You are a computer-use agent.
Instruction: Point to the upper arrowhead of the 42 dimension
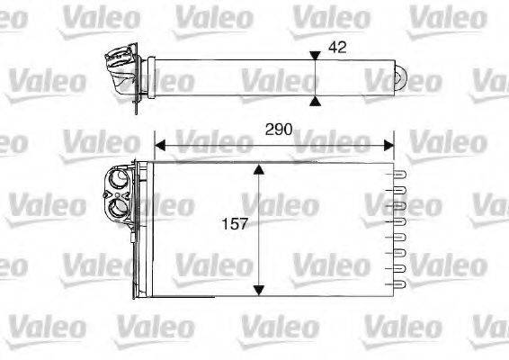[x=314, y=57]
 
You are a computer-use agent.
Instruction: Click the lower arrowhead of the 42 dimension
[x=314, y=102]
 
